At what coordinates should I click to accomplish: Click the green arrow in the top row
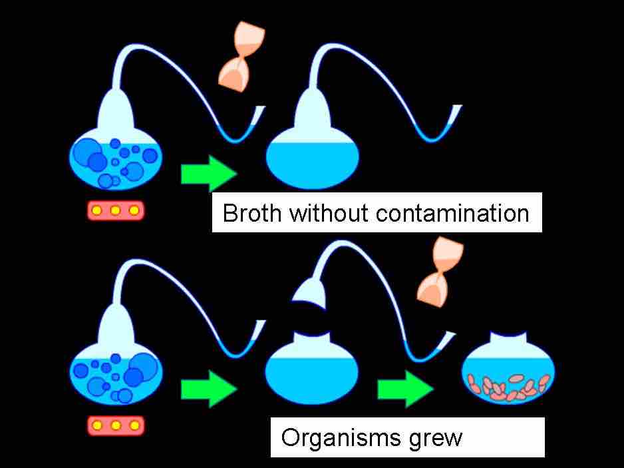pos(209,174)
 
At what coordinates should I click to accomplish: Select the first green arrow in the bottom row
pos(209,389)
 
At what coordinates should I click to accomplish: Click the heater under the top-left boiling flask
pos(116,210)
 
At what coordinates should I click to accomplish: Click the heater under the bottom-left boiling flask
pos(116,425)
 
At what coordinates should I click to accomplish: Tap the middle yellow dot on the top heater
pos(116,210)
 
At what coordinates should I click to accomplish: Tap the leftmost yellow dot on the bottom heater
pos(98,425)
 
